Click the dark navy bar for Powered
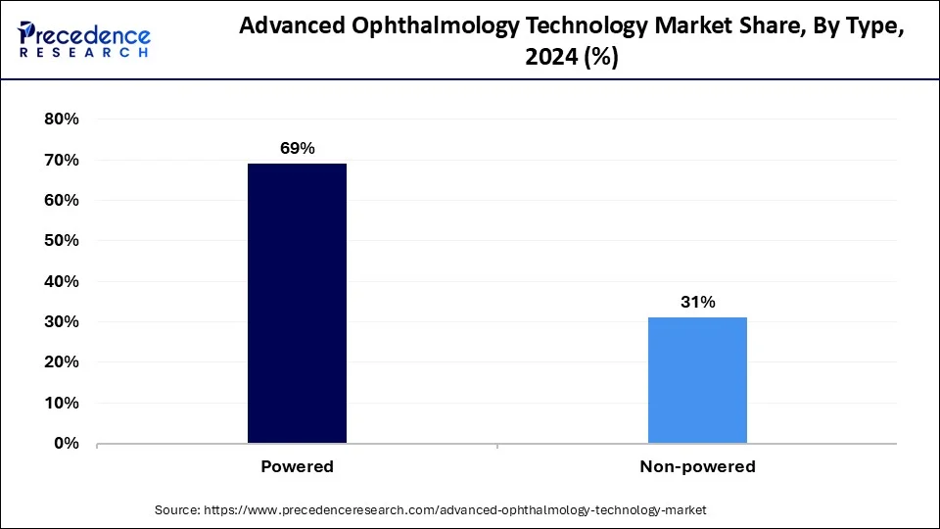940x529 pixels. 297,303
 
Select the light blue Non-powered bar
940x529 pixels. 697,380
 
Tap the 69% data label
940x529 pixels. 297,148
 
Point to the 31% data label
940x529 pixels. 697,302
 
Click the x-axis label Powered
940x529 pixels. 297,467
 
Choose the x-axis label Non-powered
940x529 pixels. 697,467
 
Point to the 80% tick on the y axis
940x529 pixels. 61,120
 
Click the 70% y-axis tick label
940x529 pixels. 61,160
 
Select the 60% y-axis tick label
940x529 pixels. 61,200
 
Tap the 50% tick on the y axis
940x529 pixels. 61,241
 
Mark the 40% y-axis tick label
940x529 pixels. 61,281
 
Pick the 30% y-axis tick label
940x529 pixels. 61,322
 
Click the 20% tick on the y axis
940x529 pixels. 61,362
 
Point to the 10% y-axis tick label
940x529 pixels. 61,403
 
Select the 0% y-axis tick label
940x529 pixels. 65,444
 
